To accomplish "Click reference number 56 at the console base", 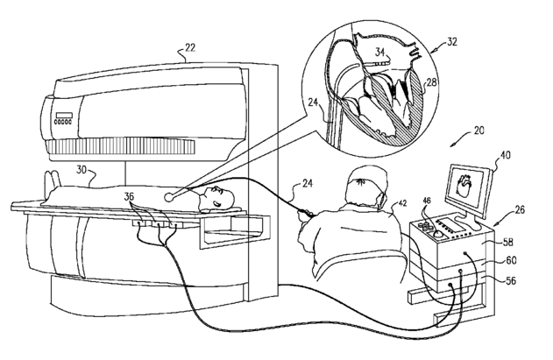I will click(x=508, y=279).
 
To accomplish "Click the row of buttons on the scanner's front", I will click(x=64, y=124).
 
